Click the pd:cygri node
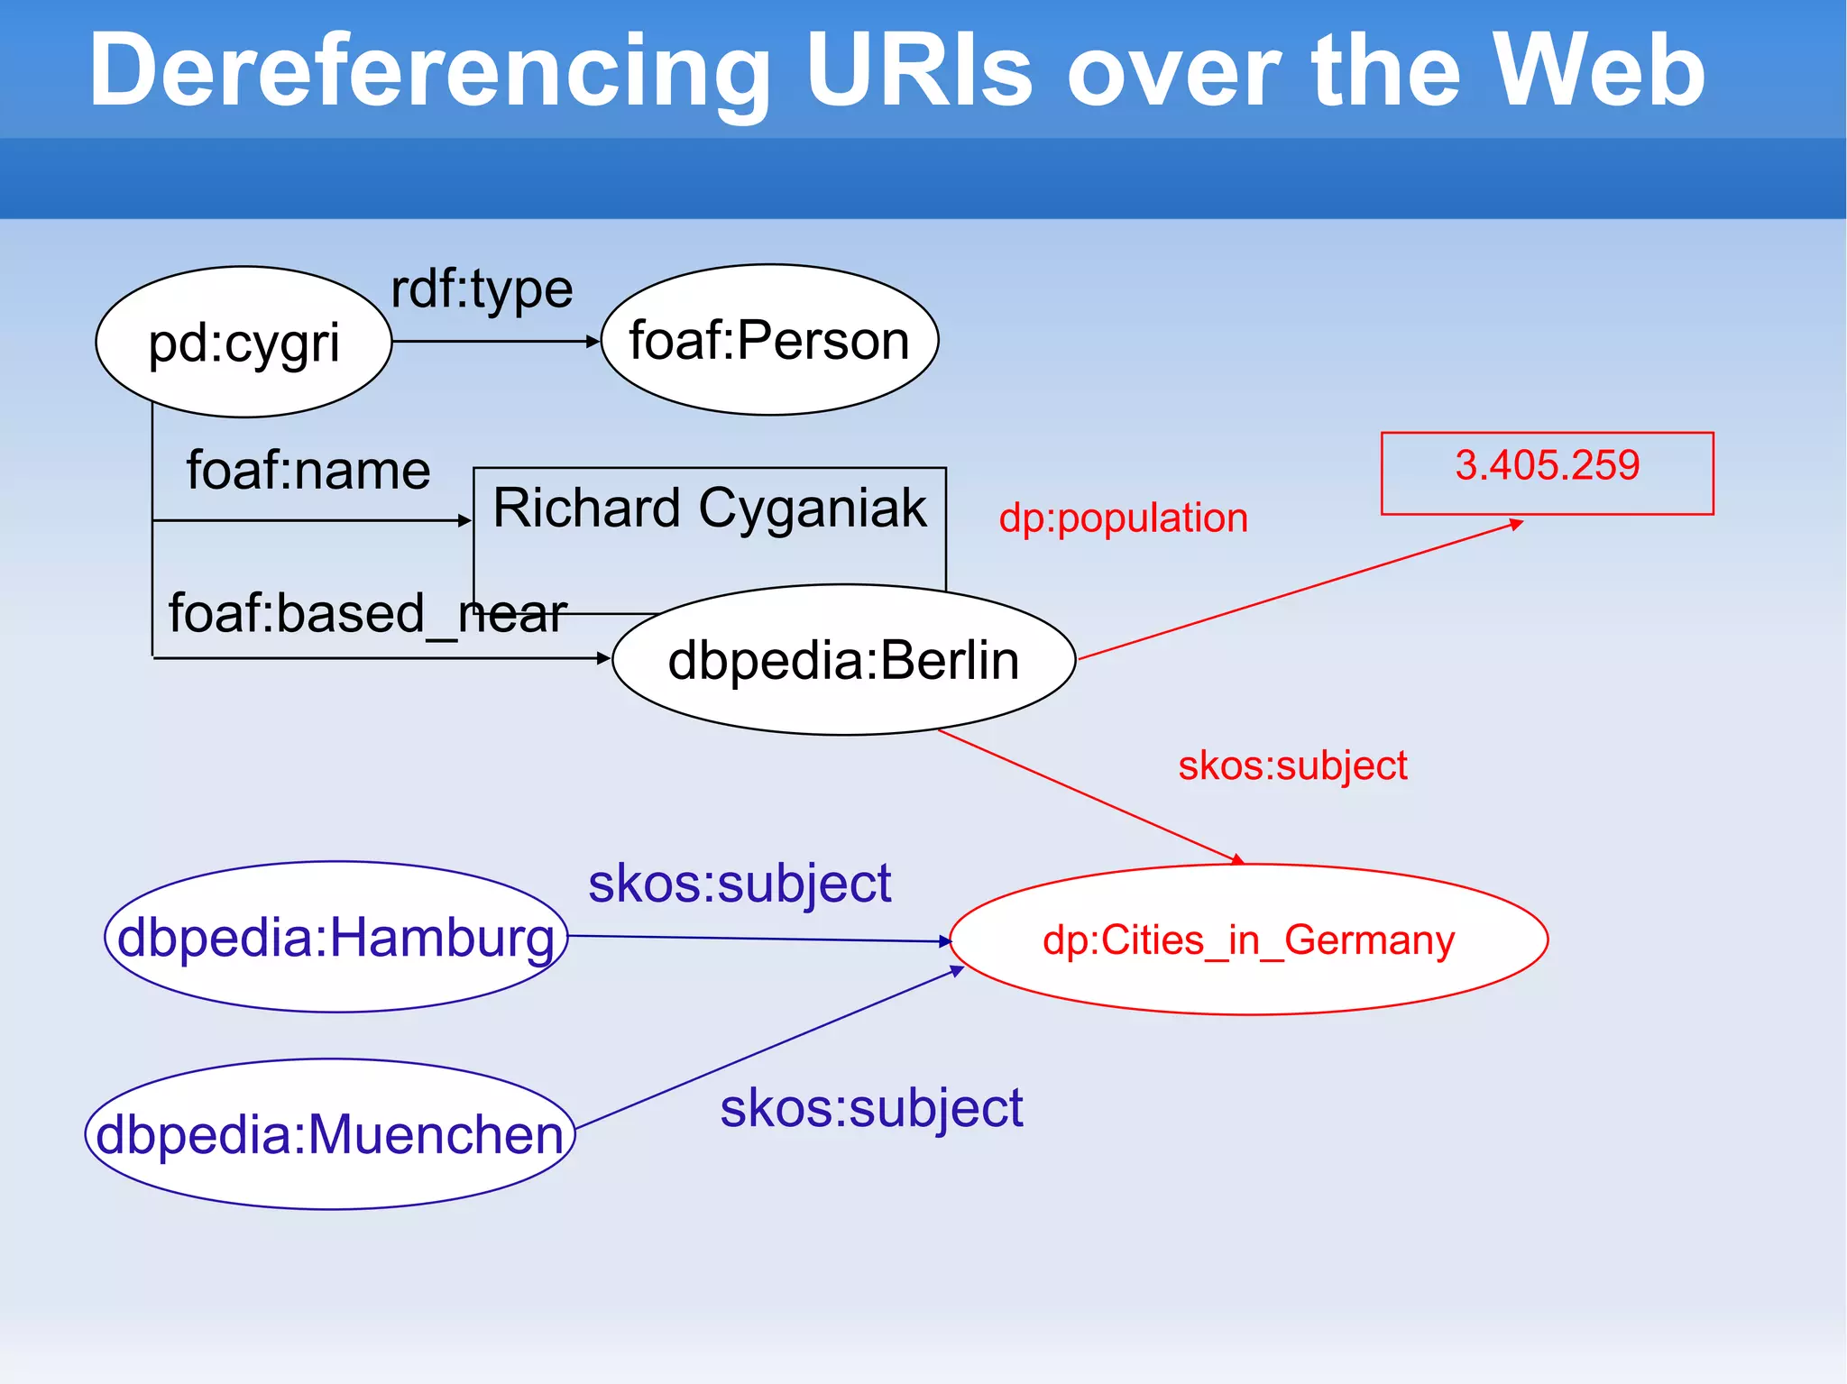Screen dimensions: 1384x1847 pyautogui.click(x=244, y=343)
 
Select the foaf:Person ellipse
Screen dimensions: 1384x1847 pyautogui.click(x=769, y=340)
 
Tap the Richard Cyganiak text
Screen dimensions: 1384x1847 pyautogui.click(x=709, y=508)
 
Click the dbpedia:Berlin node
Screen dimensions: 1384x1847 pyautogui.click(x=843, y=660)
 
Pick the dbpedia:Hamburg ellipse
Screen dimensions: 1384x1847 pyautogui.click(x=335, y=938)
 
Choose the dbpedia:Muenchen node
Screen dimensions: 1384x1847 pyautogui.click(x=330, y=1134)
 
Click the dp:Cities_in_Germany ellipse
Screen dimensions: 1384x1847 pyautogui.click(x=1248, y=940)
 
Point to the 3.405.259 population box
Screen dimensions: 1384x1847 pyautogui.click(x=1547, y=472)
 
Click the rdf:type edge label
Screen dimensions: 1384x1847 pyautogui.click(x=482, y=290)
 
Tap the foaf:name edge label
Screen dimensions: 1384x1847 pyautogui.click(x=308, y=471)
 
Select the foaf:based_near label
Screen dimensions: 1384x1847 pyautogui.click(x=368, y=614)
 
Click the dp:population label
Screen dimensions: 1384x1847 pyautogui.click(x=1123, y=518)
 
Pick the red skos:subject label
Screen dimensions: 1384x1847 pyautogui.click(x=1291, y=766)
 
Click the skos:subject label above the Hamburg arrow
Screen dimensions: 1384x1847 pyautogui.click(x=740, y=884)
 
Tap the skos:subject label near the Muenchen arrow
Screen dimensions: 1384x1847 pyautogui.click(x=871, y=1108)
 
